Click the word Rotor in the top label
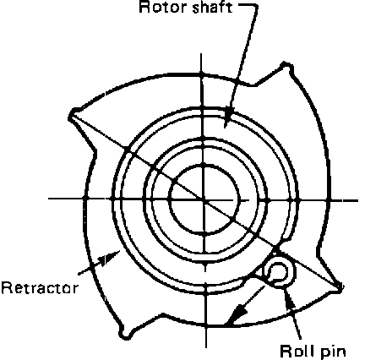(163, 7)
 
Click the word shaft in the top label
(213, 7)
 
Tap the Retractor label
(39, 288)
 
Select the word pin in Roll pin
(333, 352)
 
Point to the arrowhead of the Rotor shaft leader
(229, 117)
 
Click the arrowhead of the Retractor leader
(110, 257)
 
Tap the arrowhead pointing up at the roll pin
(289, 298)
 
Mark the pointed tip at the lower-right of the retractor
(340, 287)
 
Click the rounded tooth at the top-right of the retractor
(286, 67)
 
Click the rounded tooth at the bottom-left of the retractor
(124, 334)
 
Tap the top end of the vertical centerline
(201, 53)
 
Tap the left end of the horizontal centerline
(48, 199)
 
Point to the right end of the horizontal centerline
(357, 200)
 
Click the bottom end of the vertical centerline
(206, 347)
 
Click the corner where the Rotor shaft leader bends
(256, 6)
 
